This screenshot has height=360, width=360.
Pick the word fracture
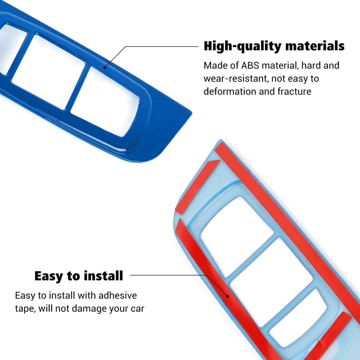294,91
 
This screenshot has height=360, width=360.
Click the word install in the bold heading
103,276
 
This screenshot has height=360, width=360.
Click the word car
137,309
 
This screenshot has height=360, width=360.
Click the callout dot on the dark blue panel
105,67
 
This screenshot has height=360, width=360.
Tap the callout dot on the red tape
228,296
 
